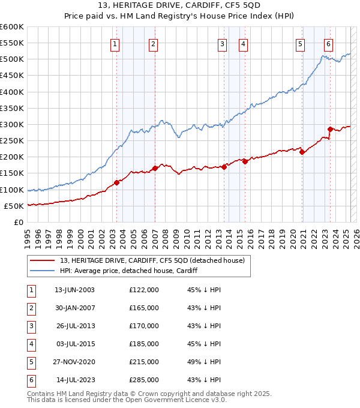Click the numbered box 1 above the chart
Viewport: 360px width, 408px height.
pyautogui.click(x=115, y=43)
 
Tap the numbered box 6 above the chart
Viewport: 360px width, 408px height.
pyautogui.click(x=329, y=43)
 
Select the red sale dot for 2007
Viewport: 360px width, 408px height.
pyautogui.click(x=155, y=169)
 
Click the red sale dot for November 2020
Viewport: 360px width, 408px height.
pyautogui.click(x=302, y=152)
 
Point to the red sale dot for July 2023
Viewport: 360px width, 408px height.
pyautogui.click(x=331, y=129)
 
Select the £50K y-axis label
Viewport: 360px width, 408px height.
pyautogui.click(x=14, y=206)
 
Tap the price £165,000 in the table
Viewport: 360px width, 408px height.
pyautogui.click(x=144, y=308)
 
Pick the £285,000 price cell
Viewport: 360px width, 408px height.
pyautogui.click(x=144, y=380)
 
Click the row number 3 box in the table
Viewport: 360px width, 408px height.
pyautogui.click(x=30, y=326)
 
